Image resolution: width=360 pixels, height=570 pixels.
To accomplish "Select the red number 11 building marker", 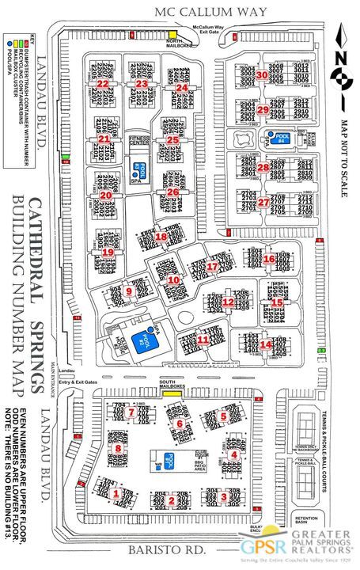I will coord(203,340).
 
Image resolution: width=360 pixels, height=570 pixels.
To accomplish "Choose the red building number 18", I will coord(162,236).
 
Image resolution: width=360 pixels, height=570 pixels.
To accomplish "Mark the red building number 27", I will coord(263,202).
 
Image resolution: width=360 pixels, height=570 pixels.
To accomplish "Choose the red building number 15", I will coord(277,302).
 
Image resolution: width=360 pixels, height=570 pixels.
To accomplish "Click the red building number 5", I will coord(224,416).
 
